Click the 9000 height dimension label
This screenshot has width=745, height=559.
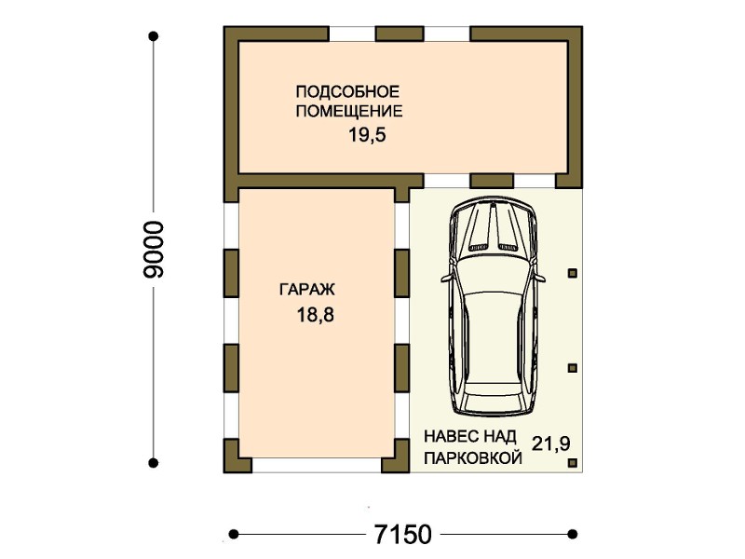tap(154, 249)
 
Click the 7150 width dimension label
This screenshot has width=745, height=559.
tap(403, 534)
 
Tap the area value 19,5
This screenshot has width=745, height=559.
tap(367, 135)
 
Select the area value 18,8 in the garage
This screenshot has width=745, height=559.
tap(316, 315)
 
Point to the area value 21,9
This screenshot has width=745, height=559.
tap(550, 443)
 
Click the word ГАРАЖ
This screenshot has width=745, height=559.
tap(307, 290)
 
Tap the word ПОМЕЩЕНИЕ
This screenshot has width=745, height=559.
tap(349, 111)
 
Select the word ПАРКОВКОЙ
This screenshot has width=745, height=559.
tap(473, 458)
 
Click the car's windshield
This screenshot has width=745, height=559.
tap(493, 269)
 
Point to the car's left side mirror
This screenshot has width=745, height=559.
tap(446, 278)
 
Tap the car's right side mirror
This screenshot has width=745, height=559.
tap(540, 278)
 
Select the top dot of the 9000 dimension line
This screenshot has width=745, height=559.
tap(153, 35)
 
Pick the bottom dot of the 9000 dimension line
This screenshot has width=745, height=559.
tap(153, 462)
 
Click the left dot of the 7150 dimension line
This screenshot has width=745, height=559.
tap(234, 534)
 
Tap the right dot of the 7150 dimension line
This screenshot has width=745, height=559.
tap(573, 534)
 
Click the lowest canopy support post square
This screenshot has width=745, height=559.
tap(573, 462)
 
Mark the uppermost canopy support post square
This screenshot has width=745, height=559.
tap(573, 273)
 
